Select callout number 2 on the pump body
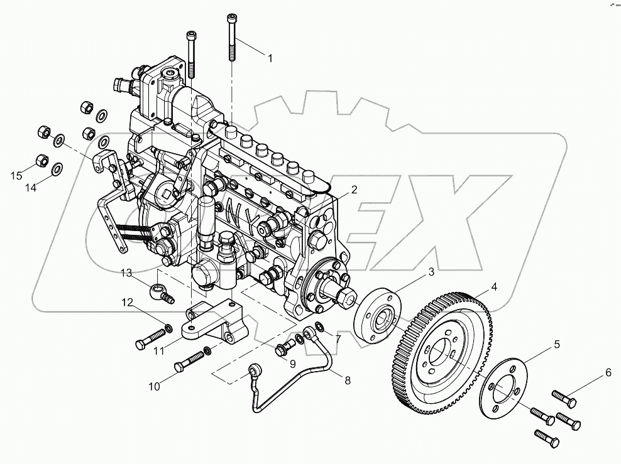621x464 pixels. (354, 189)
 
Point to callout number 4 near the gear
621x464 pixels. (494, 288)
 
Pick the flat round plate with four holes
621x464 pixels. (503, 392)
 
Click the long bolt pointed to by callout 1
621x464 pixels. (232, 38)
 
